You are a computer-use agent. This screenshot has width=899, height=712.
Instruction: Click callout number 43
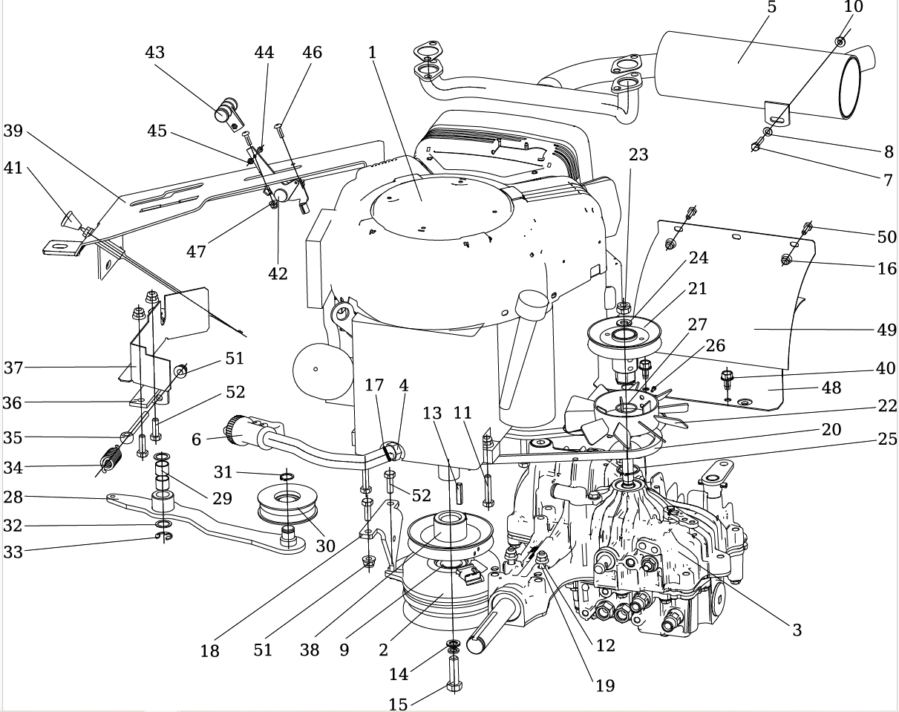[x=154, y=53]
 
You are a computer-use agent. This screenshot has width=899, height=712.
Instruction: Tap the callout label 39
[x=13, y=131]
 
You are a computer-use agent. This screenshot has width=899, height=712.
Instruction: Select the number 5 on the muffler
[x=771, y=7]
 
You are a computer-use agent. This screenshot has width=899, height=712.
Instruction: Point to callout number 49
[x=887, y=329]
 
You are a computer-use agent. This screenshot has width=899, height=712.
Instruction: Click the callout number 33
[x=13, y=552]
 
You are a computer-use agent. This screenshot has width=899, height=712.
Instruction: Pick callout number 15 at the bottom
[x=399, y=703]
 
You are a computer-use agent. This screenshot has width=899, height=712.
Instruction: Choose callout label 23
[x=638, y=154]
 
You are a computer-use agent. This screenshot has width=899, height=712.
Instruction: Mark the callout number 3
[x=797, y=630]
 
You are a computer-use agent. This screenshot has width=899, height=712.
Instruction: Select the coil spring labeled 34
[x=111, y=461]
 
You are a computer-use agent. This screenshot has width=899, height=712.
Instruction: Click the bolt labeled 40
[x=727, y=379]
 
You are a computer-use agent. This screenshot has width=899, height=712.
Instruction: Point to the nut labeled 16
[x=788, y=260]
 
